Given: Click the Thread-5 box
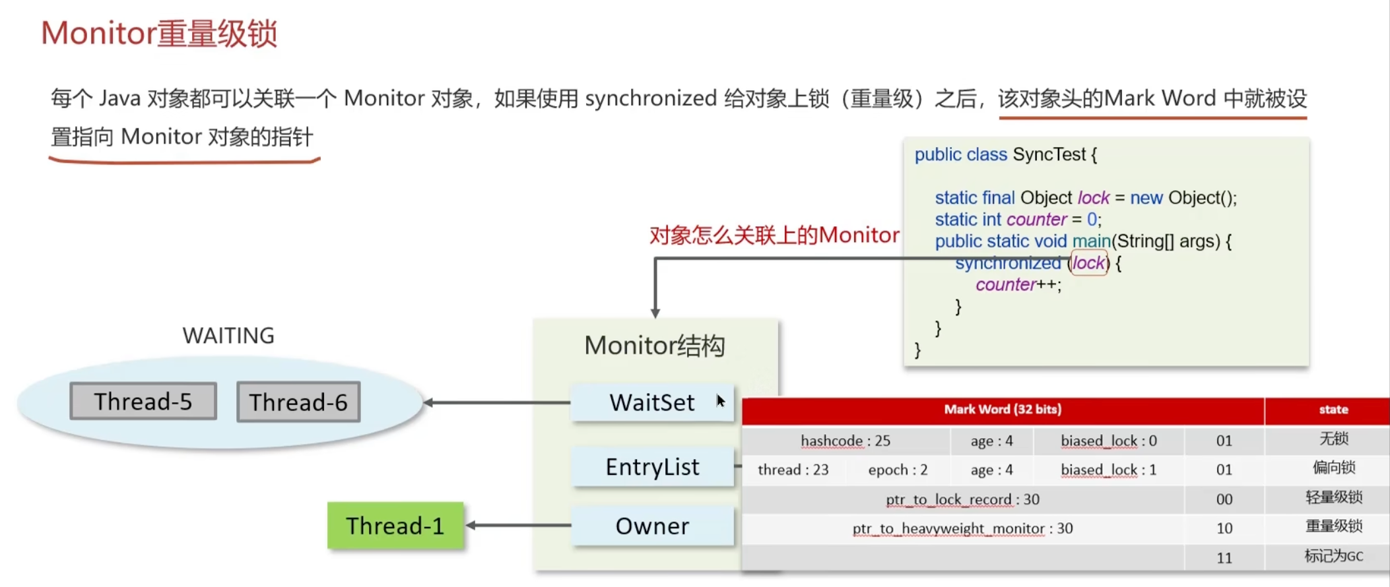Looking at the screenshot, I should coord(143,401).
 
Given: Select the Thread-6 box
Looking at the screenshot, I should coord(298,402).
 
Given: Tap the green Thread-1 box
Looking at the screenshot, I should coord(395,526).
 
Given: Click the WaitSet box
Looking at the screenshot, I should coord(652,402).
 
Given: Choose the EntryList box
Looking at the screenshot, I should coord(652,467).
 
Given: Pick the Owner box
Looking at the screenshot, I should coord(652,526).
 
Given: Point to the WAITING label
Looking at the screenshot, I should coord(228,336).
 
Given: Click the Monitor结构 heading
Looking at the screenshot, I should coord(655,346).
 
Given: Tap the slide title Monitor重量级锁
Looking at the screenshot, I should coord(159,34).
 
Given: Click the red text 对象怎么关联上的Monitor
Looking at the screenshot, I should coord(774,235).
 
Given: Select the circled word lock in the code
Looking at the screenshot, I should coord(1088,263).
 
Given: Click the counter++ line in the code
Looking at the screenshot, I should coord(1018,285).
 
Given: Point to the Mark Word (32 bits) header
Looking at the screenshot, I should coord(1003,410).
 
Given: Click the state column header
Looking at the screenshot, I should coord(1333,410).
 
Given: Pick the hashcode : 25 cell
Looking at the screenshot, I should coord(845,441).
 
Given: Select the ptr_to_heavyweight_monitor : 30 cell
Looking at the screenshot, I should coord(962,528).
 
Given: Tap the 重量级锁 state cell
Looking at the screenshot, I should coord(1333,526).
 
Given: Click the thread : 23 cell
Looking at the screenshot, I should coord(793,470).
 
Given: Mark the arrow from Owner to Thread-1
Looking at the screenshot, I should coord(519,525).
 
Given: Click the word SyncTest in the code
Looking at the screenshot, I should coord(1049,154).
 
